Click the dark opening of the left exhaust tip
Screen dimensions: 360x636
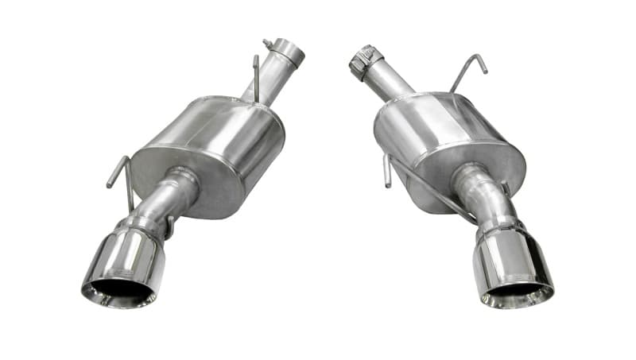[119, 292]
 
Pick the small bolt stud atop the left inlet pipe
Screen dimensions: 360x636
[268, 43]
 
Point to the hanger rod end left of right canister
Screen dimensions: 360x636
[387, 171]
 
